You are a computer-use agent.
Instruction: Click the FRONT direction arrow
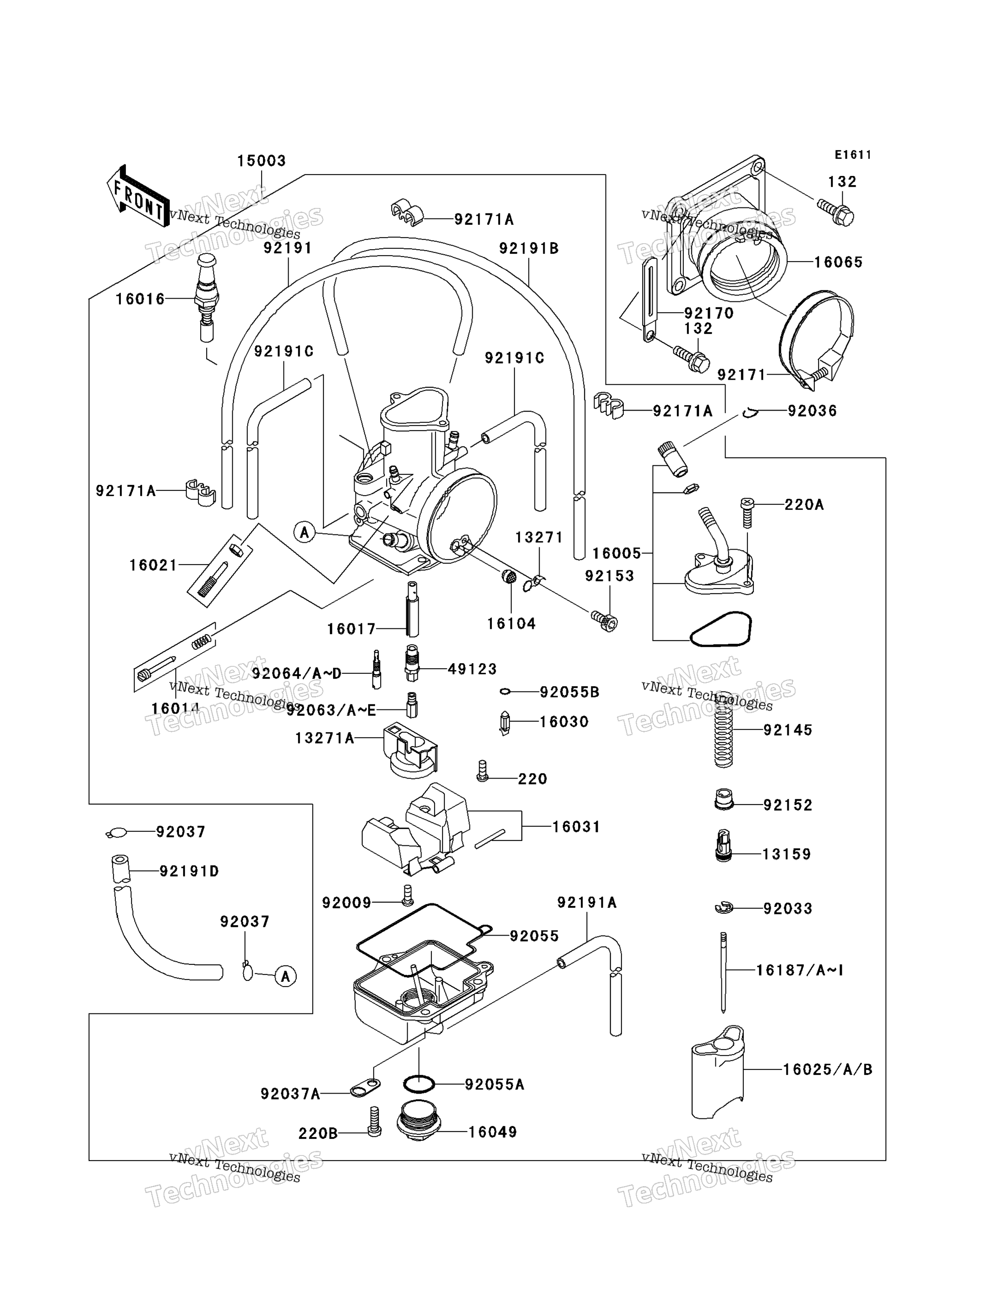click(x=138, y=196)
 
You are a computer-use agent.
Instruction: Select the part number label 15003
click(x=262, y=161)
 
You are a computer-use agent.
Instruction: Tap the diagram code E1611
click(x=853, y=155)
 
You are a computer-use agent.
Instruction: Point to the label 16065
click(x=839, y=262)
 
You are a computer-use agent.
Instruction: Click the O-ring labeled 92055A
click(x=419, y=1084)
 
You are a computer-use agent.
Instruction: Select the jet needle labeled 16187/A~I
click(x=723, y=972)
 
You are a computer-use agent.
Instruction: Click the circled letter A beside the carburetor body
click(x=305, y=532)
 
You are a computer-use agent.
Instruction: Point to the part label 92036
click(x=812, y=411)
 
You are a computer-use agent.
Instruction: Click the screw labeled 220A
click(x=747, y=513)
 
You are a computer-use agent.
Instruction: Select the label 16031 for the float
click(x=576, y=827)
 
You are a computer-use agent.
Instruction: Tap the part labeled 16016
click(x=207, y=297)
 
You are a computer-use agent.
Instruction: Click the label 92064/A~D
click(x=297, y=674)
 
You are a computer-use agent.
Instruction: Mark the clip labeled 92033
click(x=723, y=909)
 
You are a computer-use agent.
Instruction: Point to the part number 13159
click(x=787, y=854)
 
